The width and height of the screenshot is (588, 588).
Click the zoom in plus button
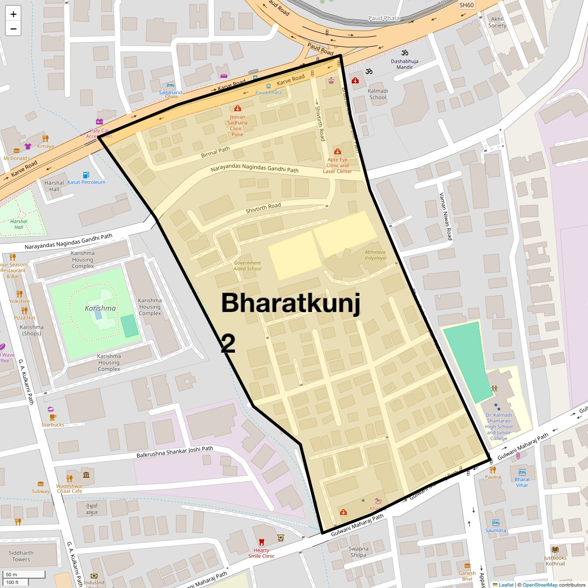(13, 14)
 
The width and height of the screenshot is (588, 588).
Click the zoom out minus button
(13, 28)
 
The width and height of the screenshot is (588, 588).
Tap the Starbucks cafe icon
(52, 417)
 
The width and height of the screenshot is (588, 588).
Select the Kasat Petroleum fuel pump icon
(86, 175)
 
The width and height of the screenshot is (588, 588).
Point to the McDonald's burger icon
(17, 151)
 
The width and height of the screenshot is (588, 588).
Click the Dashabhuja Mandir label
(405, 64)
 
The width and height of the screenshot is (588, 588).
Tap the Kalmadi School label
(378, 94)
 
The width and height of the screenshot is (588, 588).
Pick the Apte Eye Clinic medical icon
(338, 152)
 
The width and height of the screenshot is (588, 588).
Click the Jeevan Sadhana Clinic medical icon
(238, 108)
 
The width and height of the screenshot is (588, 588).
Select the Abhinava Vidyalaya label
(375, 255)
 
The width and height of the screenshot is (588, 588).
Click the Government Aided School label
(247, 266)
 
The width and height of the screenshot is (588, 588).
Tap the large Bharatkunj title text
(291, 303)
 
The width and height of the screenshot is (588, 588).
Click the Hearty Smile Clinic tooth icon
(261, 542)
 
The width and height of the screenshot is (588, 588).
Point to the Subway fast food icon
(41, 484)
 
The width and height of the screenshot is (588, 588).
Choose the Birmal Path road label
(215, 152)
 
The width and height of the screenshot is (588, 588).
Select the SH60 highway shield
(466, 5)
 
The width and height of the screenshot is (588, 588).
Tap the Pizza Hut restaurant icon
(24, 310)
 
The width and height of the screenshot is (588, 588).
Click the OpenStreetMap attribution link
(539, 585)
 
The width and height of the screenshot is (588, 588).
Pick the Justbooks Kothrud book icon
(555, 550)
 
